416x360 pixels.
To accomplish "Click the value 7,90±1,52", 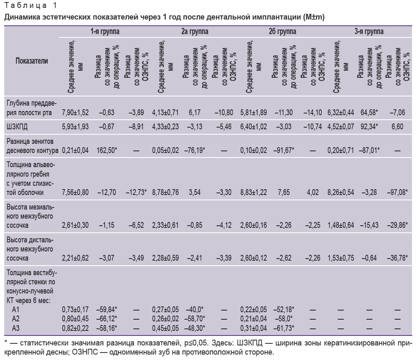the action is tap(75, 112).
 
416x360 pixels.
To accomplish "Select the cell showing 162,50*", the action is tap(106, 150).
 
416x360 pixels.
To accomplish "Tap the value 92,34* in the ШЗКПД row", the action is tap(369, 126).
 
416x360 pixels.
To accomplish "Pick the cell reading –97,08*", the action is tap(397, 192).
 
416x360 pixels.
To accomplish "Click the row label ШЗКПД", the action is tap(17, 126).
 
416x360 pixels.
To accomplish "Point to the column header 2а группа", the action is tap(195, 32).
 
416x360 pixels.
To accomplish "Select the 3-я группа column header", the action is tap(369, 32).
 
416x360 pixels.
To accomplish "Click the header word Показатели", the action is tap(32, 61).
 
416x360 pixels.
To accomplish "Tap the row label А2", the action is tap(16, 319).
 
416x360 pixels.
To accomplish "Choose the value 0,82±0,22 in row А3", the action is tap(75, 328).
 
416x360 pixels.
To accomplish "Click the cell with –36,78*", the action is tap(397, 258).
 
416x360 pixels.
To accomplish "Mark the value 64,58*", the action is tap(369, 112).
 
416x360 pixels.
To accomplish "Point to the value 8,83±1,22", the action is tap(254, 192).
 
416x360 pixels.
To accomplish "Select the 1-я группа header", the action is tap(105, 32).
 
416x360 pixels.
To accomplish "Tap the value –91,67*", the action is tap(284, 150).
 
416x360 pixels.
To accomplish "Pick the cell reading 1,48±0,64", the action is tap(341, 225).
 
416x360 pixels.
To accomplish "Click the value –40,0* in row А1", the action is tap(195, 309).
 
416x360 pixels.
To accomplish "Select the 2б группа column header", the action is tap(282, 32).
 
